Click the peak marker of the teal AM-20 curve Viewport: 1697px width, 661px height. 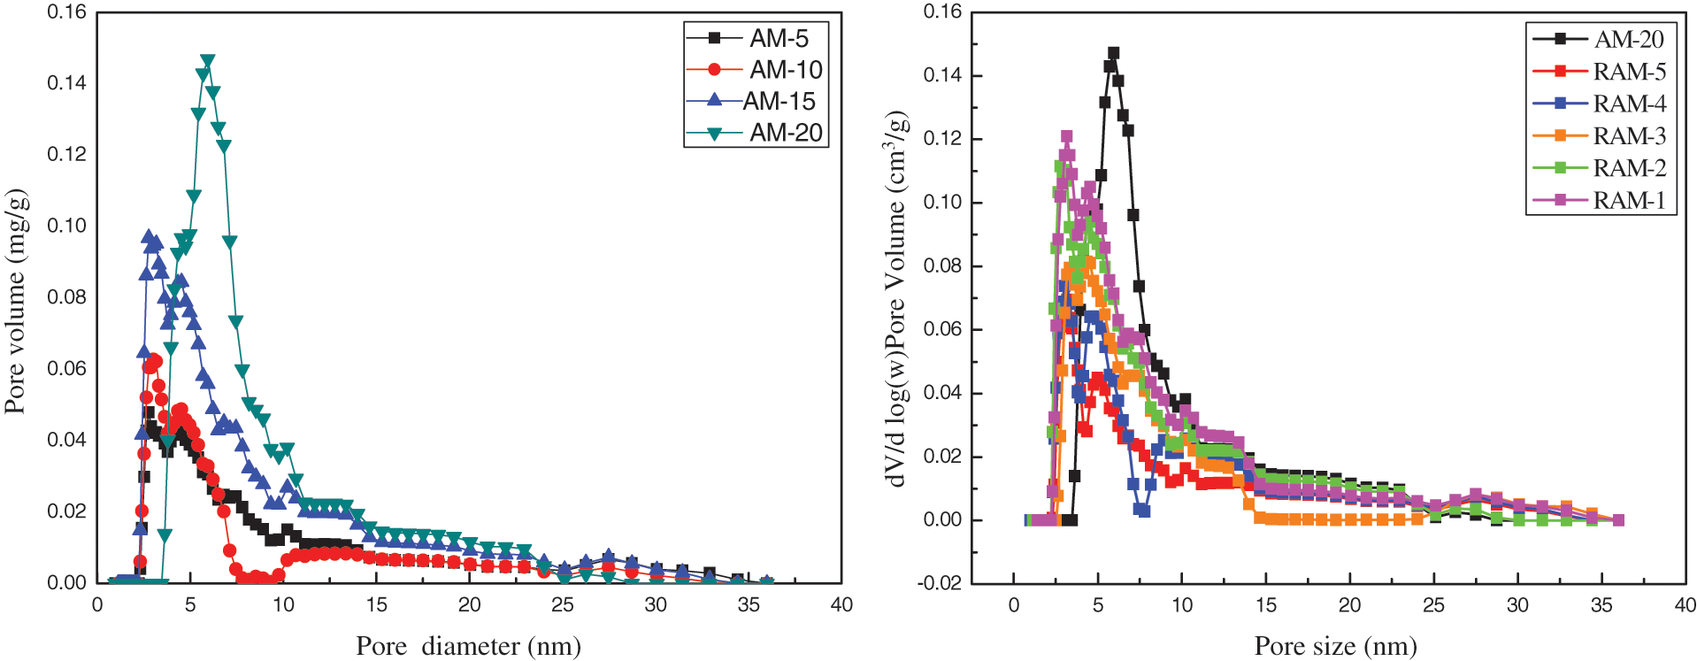(x=208, y=61)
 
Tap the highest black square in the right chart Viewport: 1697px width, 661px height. (x=1113, y=53)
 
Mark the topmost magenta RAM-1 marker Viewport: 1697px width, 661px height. (x=1066, y=137)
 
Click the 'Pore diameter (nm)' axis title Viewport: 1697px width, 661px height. (x=468, y=646)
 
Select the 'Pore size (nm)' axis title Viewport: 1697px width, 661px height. (x=1335, y=646)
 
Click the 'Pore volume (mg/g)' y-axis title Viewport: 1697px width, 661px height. (x=15, y=301)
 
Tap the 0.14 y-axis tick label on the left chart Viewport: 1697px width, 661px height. (x=66, y=83)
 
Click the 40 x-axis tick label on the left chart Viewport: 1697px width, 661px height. (x=841, y=604)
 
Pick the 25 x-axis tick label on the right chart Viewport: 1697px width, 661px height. (x=1433, y=605)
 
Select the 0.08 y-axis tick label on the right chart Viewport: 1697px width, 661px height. (x=943, y=266)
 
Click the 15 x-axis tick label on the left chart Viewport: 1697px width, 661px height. (x=376, y=604)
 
